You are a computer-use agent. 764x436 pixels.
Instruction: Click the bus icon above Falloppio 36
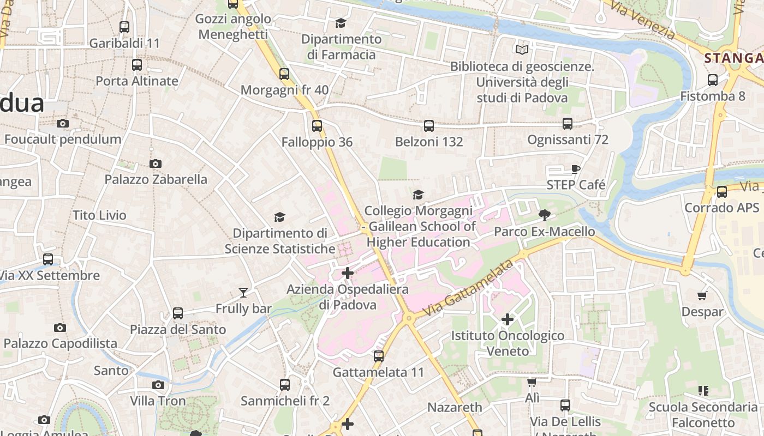(x=317, y=126)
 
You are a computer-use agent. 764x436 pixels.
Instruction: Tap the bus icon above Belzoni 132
(x=428, y=126)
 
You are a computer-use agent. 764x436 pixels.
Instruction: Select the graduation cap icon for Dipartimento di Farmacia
(x=341, y=23)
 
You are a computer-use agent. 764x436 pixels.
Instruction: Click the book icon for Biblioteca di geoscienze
(x=522, y=50)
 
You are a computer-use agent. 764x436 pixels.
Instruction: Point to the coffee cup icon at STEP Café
(x=575, y=169)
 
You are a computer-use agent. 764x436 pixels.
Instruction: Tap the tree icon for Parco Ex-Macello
(x=544, y=215)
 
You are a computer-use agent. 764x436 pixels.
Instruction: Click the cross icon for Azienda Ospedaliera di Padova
(x=348, y=272)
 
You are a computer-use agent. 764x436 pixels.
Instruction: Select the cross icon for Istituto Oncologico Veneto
(x=508, y=319)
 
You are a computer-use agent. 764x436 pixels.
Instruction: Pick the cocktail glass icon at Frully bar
(x=243, y=293)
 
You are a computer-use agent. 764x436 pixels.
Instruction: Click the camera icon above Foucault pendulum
(x=63, y=123)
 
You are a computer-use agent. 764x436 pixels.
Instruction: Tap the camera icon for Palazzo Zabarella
(x=156, y=163)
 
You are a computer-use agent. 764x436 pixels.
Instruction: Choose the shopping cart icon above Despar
(x=702, y=295)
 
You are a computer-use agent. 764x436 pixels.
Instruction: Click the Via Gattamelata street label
(x=468, y=289)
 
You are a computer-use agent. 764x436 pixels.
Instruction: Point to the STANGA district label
(x=733, y=58)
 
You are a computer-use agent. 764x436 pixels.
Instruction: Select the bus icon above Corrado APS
(x=721, y=192)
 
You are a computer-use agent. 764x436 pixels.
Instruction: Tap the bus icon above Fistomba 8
(x=712, y=80)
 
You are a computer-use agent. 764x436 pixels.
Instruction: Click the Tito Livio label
(x=99, y=215)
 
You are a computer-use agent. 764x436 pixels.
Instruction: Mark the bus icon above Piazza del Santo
(x=177, y=313)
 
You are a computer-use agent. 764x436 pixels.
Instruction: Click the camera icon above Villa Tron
(x=158, y=385)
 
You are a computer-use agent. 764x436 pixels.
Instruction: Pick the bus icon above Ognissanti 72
(x=568, y=124)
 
